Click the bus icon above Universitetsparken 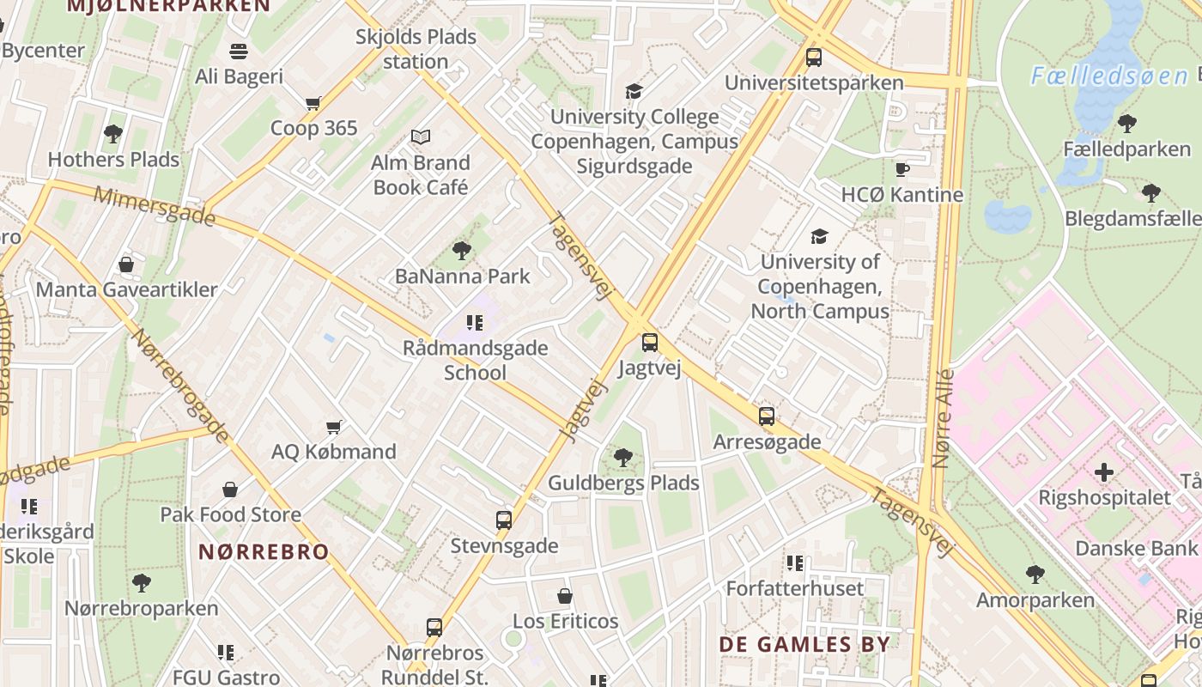[x=813, y=58]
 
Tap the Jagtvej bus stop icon [x=650, y=343]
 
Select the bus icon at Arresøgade [x=767, y=416]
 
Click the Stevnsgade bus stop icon [x=504, y=520]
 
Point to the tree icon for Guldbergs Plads [x=623, y=458]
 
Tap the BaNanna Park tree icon [x=462, y=251]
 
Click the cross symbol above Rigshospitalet [x=1104, y=472]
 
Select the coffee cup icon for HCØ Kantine [x=901, y=169]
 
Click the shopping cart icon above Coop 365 [x=313, y=103]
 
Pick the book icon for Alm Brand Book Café [x=420, y=137]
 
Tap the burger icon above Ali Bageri [x=239, y=52]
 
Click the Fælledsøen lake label [x=1109, y=76]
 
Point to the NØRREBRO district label [x=264, y=551]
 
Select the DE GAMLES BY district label [x=804, y=644]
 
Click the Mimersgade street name [x=154, y=205]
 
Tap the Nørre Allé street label [x=943, y=418]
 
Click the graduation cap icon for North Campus [x=819, y=236]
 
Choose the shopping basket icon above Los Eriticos [x=565, y=596]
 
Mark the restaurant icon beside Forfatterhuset [x=795, y=563]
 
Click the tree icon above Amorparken [x=1035, y=574]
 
